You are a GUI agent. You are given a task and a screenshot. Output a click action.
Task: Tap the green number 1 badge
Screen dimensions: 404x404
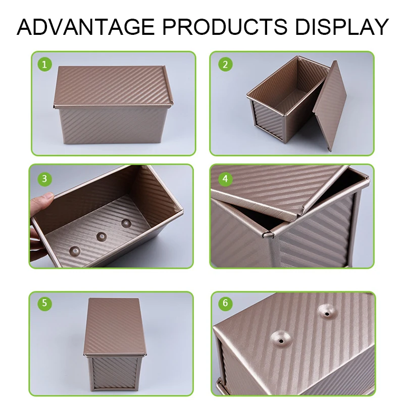tap(45, 65)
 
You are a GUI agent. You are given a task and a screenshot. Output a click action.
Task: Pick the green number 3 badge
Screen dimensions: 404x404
tap(45, 178)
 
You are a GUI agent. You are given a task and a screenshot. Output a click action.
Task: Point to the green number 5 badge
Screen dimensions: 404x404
tap(45, 304)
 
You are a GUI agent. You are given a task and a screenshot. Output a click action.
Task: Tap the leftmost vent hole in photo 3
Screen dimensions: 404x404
tap(75, 249)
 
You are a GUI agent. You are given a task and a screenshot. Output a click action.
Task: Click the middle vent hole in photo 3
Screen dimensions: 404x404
tap(102, 236)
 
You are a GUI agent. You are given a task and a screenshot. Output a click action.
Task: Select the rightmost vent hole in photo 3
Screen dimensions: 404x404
tap(125, 222)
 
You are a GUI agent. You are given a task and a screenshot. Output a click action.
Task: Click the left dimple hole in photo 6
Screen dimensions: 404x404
tap(278, 337)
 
